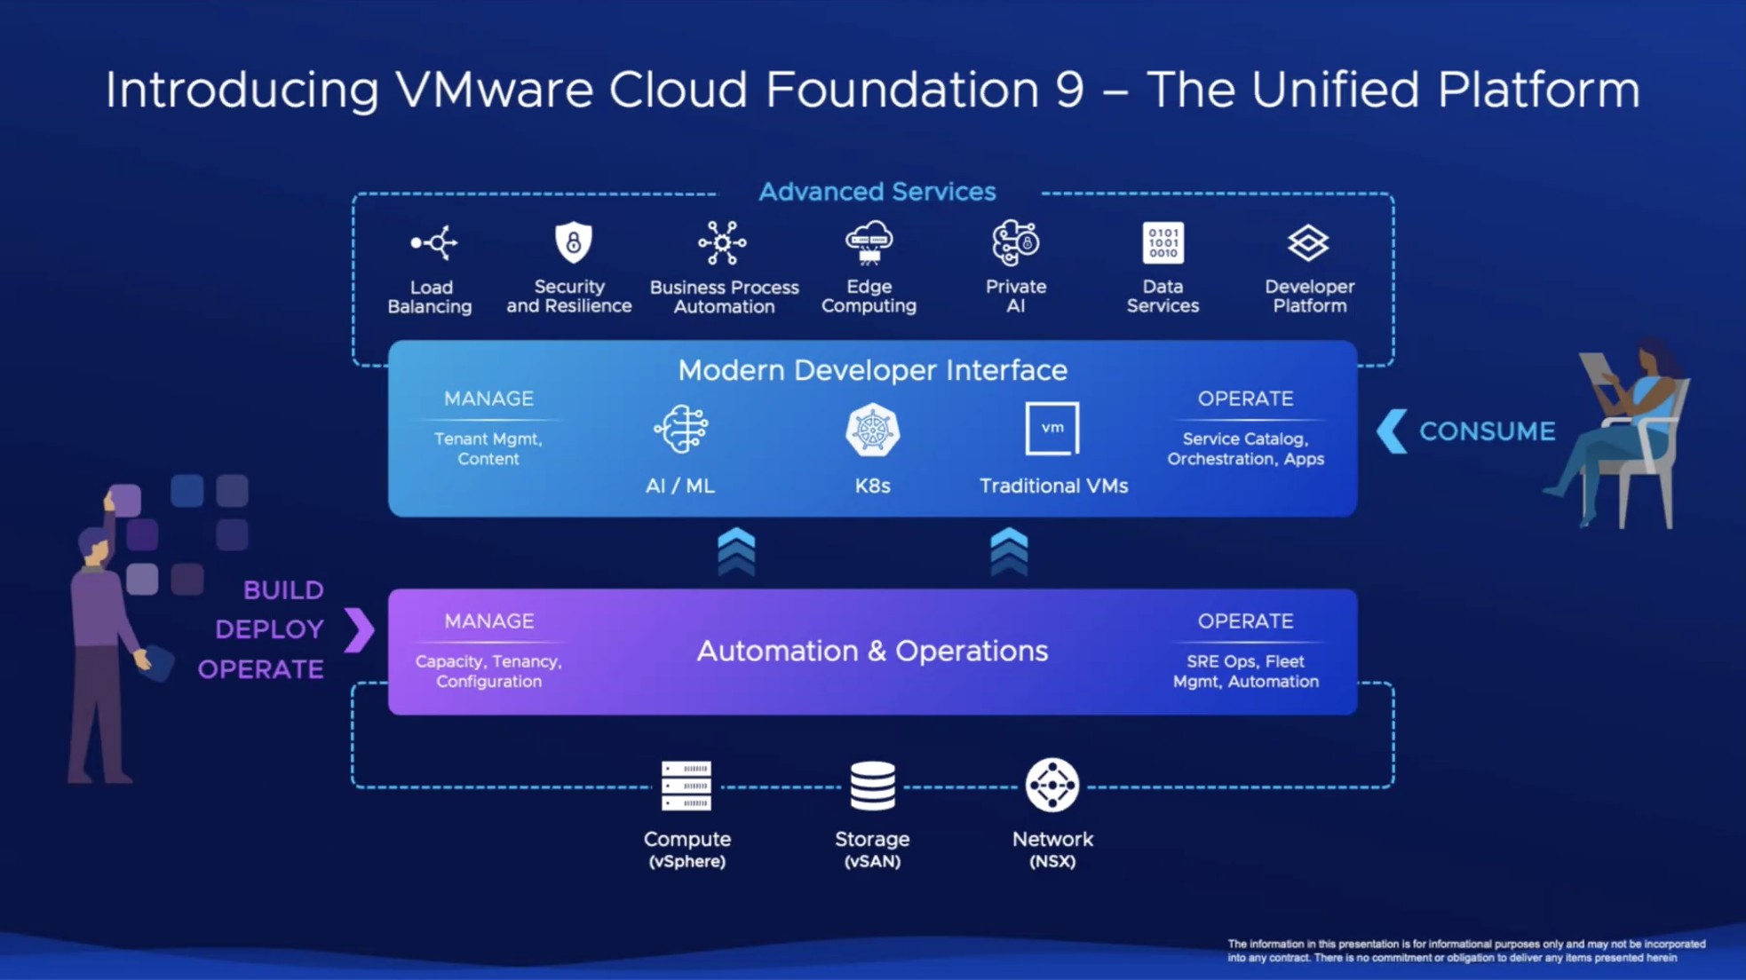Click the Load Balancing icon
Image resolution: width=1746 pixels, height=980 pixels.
pos(433,242)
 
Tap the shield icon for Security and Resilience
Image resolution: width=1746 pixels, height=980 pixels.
pos(573,242)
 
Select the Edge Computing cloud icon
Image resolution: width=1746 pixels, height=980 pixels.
pos(869,242)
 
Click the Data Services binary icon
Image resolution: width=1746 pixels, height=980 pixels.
pos(1163,242)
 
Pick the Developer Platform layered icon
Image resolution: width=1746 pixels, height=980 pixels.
pos(1308,242)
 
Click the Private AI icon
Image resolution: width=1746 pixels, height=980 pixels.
pos(1015,242)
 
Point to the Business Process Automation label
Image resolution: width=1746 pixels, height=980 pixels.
pos(724,296)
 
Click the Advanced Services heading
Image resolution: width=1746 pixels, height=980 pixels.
pos(877,192)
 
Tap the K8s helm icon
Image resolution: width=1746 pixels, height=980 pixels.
pos(872,431)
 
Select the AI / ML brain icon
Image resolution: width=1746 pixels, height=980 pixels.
pos(681,429)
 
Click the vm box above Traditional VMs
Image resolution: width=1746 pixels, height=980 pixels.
pos(1052,429)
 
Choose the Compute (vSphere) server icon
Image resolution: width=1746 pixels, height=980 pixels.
pos(686,786)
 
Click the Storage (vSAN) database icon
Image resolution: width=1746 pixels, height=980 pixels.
pos(872,786)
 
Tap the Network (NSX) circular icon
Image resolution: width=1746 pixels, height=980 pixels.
pos(1052,785)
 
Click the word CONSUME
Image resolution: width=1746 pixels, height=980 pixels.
pos(1488,431)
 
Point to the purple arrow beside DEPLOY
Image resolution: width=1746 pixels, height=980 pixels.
pos(359,630)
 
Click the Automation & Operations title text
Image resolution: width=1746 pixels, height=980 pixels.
pos(872,651)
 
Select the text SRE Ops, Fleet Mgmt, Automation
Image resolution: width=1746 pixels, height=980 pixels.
pos(1245,671)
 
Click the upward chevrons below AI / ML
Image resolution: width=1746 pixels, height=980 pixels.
pos(736,552)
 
